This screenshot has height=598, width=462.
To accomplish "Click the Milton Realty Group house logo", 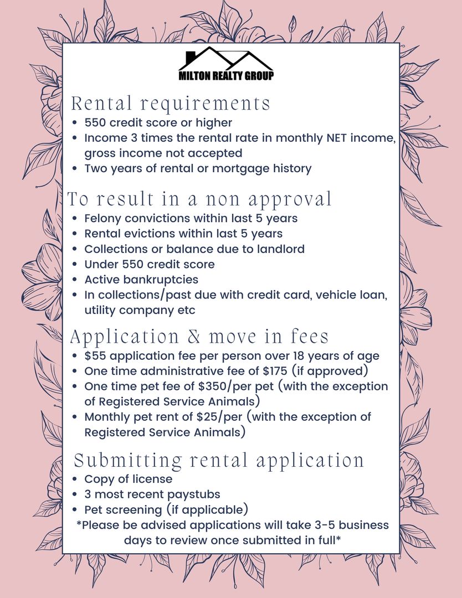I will (226, 64).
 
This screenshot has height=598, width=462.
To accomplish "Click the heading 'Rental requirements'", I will (171, 104).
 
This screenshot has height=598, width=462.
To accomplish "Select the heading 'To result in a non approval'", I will (200, 199).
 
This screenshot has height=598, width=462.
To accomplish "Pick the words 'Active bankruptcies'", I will (141, 280).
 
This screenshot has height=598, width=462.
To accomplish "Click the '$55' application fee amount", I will (95, 355).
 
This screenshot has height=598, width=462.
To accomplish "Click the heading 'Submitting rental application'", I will (219, 461).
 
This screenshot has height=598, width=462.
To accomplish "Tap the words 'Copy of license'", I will (128, 479).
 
